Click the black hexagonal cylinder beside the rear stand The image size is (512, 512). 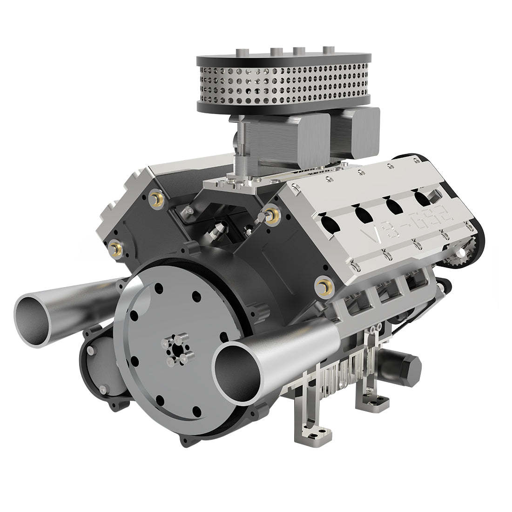pyautogui.click(x=410, y=363)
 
